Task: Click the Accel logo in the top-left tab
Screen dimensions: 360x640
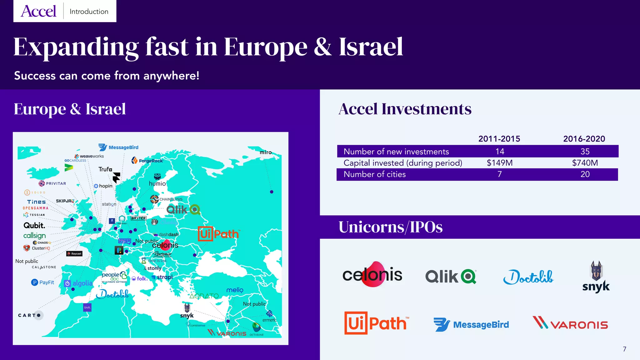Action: [38, 11]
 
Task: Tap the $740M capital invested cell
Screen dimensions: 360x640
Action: [585, 163]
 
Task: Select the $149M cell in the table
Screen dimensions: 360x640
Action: [499, 163]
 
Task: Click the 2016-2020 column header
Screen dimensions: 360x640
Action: [584, 139]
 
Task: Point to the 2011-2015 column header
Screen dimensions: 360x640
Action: [499, 139]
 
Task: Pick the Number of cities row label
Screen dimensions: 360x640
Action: [374, 174]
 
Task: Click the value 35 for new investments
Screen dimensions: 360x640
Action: [585, 152]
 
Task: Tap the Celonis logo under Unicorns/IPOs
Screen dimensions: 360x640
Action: [372, 275]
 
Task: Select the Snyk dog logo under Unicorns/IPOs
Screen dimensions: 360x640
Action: [596, 277]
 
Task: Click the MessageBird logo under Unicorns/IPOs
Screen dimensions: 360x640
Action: [471, 325]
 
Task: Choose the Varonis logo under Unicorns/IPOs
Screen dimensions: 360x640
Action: [570, 323]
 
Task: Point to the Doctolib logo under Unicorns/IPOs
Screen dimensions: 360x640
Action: [528, 277]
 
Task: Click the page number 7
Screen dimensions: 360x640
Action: [624, 349]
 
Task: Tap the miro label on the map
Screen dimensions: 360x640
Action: [266, 152]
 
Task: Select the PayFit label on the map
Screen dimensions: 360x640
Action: [43, 282]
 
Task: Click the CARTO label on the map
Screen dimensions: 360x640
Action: [30, 315]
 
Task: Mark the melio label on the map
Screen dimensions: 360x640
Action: [235, 290]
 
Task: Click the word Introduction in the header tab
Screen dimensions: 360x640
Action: [89, 12]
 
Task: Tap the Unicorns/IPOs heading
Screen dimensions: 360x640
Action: [390, 227]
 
